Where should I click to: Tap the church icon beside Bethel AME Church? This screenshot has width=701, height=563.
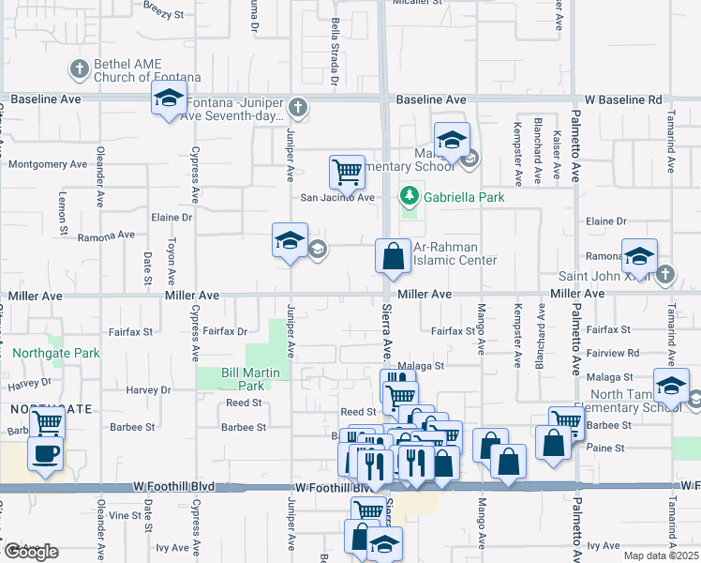point(78,68)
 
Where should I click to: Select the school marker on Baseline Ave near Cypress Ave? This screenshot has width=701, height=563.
point(169,99)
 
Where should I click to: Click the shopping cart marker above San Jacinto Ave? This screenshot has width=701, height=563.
point(347,174)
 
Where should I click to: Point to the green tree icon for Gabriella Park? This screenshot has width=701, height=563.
point(409,197)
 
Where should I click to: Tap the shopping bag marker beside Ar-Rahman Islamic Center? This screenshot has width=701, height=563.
point(393,256)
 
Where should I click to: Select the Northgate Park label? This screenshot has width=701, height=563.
point(56,354)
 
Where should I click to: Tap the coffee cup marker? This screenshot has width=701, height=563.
point(45,455)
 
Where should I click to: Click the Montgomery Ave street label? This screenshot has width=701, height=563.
point(48,164)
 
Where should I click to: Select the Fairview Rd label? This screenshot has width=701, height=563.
point(613,353)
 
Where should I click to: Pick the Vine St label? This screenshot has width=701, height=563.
point(124,516)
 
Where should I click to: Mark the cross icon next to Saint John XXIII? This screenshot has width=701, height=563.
point(664,275)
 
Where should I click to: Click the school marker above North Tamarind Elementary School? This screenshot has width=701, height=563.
point(671,387)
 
